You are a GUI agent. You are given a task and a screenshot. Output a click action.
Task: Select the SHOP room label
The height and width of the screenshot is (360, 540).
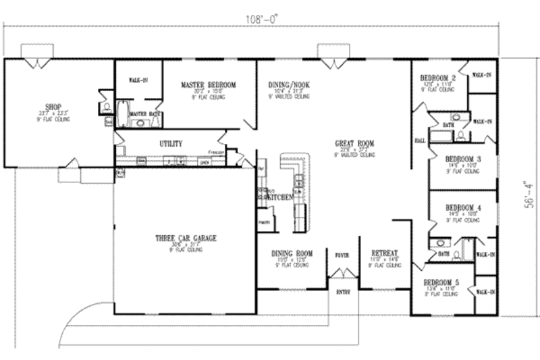click(53, 106)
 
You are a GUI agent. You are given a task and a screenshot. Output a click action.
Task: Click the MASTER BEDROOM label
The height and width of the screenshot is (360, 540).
click(208, 85)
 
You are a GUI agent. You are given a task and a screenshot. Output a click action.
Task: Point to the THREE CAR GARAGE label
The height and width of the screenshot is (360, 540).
click(178, 238)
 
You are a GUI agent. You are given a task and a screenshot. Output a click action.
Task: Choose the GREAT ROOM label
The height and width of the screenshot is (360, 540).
click(355, 143)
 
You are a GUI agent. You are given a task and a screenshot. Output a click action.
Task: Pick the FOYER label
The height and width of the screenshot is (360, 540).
click(342, 255)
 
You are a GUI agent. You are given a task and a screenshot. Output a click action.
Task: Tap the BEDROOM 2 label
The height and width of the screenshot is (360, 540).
click(437, 78)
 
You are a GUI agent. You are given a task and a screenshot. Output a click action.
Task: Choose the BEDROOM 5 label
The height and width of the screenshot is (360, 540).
click(441, 282)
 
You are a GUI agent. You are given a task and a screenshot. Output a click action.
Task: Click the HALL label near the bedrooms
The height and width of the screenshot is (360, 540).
click(419, 140)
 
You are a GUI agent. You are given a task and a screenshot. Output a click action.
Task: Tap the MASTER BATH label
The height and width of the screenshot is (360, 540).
click(143, 114)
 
